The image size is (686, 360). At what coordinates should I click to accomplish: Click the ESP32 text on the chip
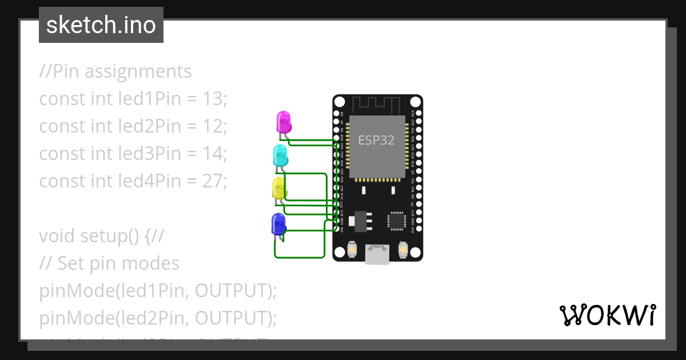click(x=376, y=140)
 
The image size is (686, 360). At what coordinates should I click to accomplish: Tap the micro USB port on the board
click(x=377, y=254)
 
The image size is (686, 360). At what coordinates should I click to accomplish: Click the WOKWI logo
click(x=607, y=315)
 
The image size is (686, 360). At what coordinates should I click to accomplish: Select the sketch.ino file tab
click(x=101, y=25)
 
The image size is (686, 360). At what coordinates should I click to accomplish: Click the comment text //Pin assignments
click(x=115, y=71)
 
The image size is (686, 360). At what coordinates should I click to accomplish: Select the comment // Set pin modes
click(x=109, y=263)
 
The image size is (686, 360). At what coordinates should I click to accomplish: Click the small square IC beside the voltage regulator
click(x=396, y=221)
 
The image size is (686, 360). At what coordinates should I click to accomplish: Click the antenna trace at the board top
click(x=377, y=105)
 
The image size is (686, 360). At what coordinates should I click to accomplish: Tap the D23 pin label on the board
click(x=413, y=113)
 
